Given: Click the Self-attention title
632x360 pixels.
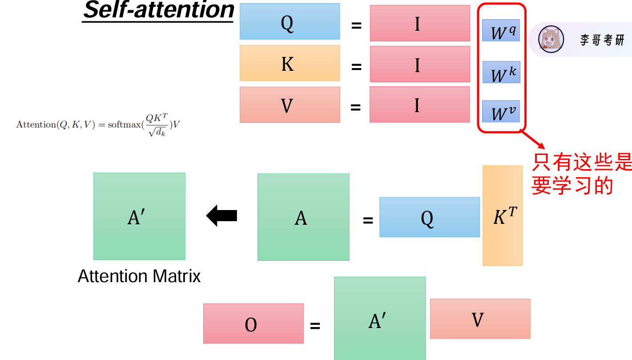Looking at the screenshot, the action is (x=158, y=11).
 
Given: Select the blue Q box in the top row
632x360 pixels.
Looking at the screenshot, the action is (x=290, y=22).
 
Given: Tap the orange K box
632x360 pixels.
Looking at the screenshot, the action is (x=290, y=63).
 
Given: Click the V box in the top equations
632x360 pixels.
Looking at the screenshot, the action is (x=290, y=105).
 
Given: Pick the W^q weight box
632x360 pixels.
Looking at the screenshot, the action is (x=501, y=31).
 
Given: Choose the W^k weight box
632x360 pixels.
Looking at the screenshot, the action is (x=501, y=73).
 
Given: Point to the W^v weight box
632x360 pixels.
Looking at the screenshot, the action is (x=501, y=111).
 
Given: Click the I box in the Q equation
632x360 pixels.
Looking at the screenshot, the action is (x=419, y=23).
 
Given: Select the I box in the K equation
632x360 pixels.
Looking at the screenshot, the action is (x=419, y=64).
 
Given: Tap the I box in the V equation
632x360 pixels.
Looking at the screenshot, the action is (x=419, y=105).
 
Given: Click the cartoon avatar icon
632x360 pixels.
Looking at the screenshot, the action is (x=551, y=39).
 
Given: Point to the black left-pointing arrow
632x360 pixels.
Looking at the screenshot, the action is (x=221, y=216).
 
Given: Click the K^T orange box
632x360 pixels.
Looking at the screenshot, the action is (x=502, y=216).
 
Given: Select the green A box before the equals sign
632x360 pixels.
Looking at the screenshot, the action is (x=303, y=217).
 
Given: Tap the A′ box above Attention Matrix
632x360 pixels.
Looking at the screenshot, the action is (x=139, y=216).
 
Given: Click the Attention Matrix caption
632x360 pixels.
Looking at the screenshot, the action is (x=139, y=276).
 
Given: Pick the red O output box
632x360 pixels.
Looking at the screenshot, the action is (x=253, y=324).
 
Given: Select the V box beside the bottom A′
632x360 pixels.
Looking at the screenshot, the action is (x=480, y=319).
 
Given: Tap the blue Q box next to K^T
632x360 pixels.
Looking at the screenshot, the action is (x=429, y=217).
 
